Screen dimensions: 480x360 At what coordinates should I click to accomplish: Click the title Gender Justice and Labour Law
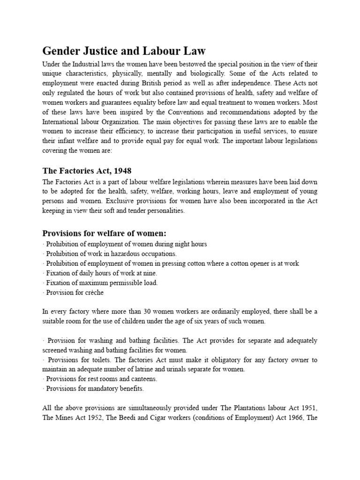[124, 51]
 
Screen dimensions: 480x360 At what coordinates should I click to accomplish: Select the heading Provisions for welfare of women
[105, 233]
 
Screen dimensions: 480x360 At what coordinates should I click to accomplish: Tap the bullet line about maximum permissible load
[100, 283]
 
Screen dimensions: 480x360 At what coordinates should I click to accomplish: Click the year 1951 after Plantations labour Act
[309, 408]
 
